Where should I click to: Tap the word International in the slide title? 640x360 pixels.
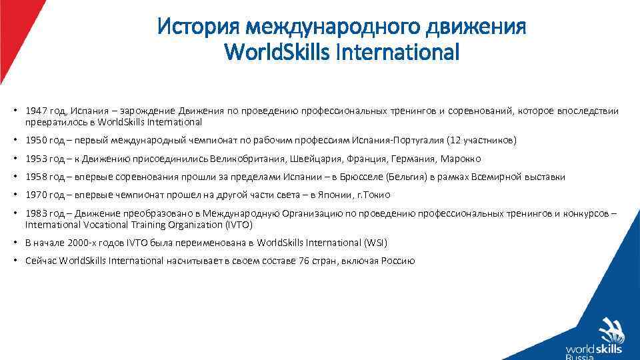coord(398,51)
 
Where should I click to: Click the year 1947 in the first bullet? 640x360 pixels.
coord(35,111)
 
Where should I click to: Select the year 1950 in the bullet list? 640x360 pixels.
coord(35,141)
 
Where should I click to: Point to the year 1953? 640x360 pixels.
coord(35,159)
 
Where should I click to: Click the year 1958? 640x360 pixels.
coord(35,177)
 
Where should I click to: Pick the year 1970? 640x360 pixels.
coord(35,195)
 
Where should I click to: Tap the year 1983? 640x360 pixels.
coord(35,213)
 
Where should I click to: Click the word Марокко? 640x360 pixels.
coord(461,159)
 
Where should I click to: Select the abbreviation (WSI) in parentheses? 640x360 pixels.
coord(375,243)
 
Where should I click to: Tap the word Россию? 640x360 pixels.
coord(398,261)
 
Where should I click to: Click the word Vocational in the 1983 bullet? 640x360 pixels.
coord(97,225)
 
